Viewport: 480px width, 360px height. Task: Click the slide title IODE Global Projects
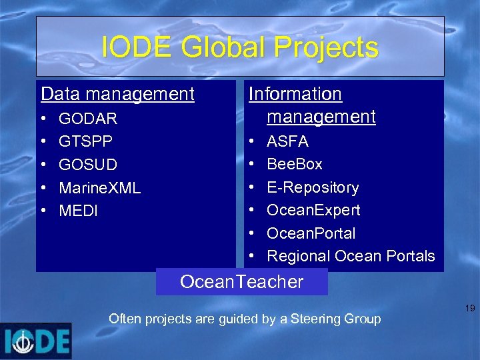[x=240, y=47]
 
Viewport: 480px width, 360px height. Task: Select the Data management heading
[x=117, y=94]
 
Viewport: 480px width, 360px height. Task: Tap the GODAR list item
[x=88, y=119]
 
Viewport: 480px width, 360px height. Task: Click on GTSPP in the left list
[x=85, y=141]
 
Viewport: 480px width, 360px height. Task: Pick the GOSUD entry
[x=88, y=165]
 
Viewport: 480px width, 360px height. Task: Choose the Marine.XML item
[x=99, y=188]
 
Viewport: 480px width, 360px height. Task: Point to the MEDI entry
[x=78, y=211]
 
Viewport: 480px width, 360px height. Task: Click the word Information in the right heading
[x=295, y=94]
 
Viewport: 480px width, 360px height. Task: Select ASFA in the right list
[x=287, y=141]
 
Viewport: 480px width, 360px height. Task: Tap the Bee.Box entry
[x=294, y=164]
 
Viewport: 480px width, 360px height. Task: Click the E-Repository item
[x=312, y=187]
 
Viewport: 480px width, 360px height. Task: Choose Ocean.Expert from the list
[x=313, y=210]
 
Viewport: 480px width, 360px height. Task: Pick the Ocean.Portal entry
[x=311, y=233]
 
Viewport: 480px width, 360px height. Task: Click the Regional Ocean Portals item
[x=350, y=256]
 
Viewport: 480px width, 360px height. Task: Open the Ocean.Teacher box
[x=241, y=281]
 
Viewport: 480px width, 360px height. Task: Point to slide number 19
[x=469, y=309]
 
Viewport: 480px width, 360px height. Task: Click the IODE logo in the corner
[x=36, y=341]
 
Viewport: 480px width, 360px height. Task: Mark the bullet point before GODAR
[x=44, y=119]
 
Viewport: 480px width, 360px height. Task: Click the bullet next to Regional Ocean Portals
[x=252, y=256]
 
